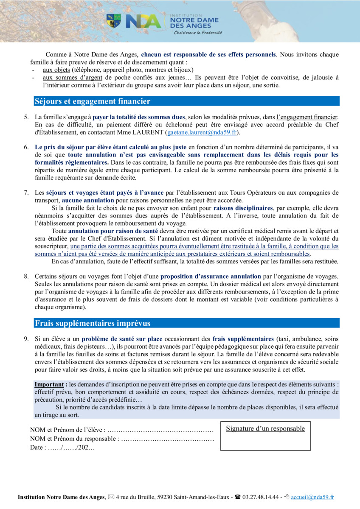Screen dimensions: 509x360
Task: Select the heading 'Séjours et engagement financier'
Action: [93, 101]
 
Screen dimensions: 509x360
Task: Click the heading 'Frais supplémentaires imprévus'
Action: [93, 323]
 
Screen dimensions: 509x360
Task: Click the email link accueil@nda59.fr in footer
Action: [312, 497]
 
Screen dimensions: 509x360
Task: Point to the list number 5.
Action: [26, 117]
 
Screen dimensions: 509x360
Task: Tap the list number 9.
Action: [26, 339]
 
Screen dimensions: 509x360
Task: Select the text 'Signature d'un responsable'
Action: [265, 428]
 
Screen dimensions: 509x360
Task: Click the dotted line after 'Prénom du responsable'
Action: [167, 439]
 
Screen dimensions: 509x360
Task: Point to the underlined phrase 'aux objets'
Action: [56, 70]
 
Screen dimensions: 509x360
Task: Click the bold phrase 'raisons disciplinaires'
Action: [243, 208]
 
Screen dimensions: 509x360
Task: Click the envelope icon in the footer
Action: [111, 497]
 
